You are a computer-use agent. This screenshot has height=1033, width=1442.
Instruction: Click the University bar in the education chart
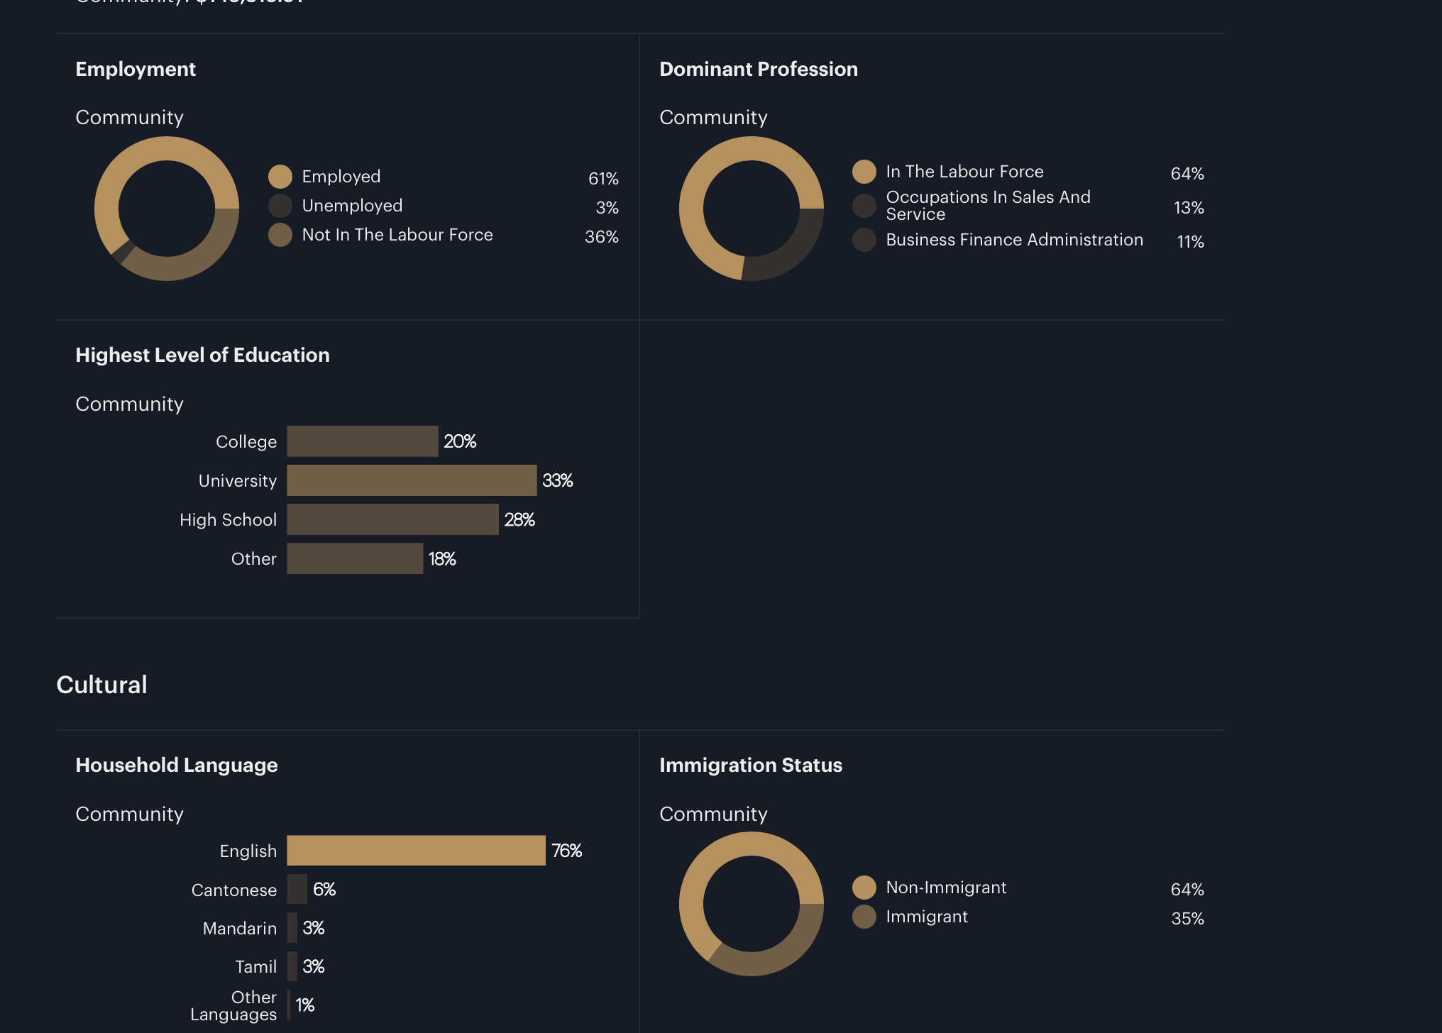[412, 480]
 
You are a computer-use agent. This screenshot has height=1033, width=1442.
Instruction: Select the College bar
[362, 441]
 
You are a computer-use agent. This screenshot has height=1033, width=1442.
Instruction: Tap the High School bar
[392, 519]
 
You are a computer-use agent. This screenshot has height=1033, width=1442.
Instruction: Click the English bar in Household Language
[416, 850]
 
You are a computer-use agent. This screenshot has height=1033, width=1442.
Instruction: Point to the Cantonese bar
[297, 889]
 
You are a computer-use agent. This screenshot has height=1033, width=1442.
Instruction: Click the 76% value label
[566, 851]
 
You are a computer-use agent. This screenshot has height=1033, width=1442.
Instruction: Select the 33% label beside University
[557, 480]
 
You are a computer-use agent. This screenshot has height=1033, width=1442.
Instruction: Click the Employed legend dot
[280, 177]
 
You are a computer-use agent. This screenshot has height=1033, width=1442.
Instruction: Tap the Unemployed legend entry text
[352, 206]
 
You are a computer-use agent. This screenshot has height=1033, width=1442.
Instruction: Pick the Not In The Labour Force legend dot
[280, 235]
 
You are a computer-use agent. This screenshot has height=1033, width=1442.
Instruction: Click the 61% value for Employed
[603, 179]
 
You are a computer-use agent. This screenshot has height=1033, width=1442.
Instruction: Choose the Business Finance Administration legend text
[1014, 240]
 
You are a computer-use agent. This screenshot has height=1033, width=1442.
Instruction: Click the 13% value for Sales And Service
[1189, 208]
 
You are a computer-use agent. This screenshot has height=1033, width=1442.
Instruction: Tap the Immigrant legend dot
[864, 917]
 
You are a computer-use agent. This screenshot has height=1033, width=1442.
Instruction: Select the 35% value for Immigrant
[1187, 919]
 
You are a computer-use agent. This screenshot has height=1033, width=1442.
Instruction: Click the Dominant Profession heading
[758, 69]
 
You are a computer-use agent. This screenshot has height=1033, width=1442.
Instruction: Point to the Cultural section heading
[101, 685]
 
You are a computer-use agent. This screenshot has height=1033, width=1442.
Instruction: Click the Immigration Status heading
[750, 765]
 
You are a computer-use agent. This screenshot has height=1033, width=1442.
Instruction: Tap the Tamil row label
[255, 966]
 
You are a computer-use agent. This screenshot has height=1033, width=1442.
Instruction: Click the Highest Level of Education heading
[202, 355]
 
